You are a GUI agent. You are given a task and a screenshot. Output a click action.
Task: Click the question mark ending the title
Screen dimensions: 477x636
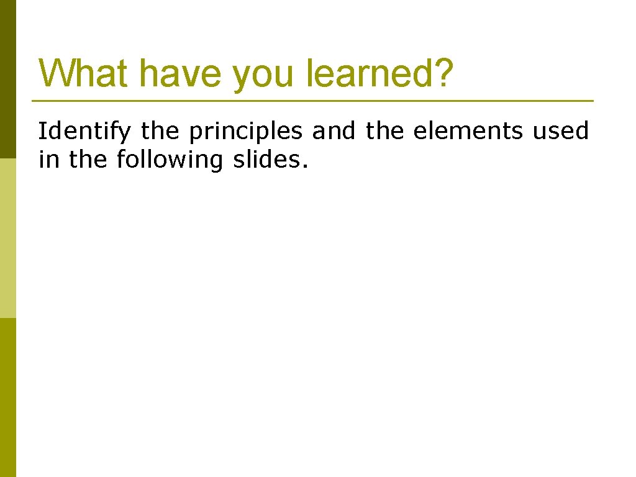tap(443, 73)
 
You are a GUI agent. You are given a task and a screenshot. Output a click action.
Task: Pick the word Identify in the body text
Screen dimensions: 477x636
tap(84, 132)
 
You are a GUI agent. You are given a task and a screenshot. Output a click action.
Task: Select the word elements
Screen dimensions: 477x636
tap(467, 131)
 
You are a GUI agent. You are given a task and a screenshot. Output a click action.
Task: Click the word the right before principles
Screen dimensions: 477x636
tap(160, 131)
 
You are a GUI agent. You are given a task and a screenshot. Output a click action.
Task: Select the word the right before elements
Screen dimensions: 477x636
tap(385, 131)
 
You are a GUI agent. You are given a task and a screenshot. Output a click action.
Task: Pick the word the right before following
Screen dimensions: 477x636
tap(88, 160)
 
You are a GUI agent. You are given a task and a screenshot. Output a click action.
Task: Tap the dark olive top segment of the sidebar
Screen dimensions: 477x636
tap(8, 79)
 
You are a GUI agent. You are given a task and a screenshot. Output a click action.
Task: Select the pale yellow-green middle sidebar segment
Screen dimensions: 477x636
tap(8, 238)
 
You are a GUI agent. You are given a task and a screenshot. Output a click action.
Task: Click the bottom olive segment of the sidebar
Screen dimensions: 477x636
tap(8, 397)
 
